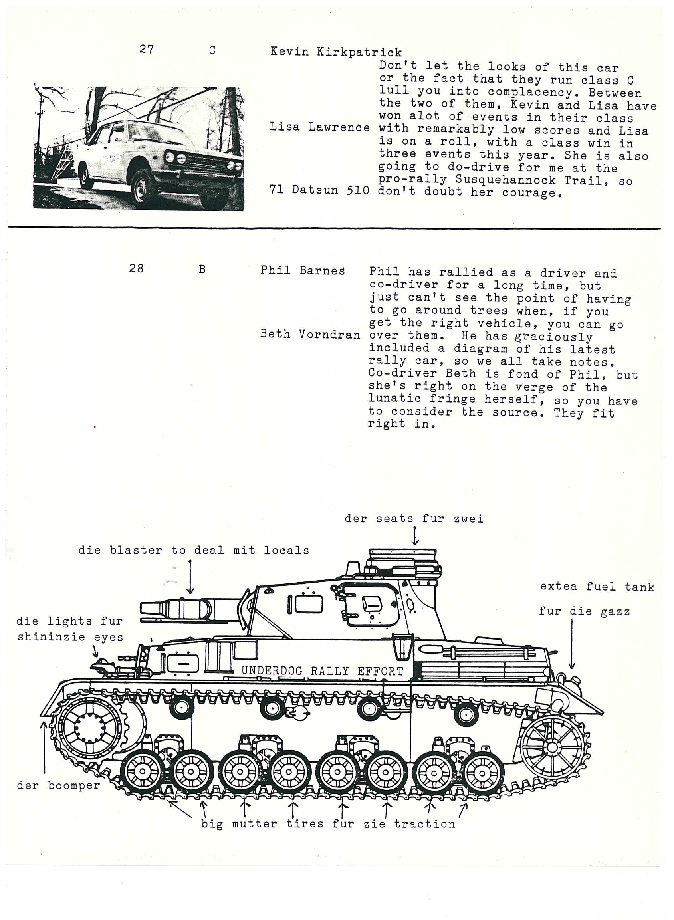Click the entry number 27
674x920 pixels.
click(147, 50)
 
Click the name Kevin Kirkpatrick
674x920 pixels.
click(336, 52)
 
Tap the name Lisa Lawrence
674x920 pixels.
click(319, 127)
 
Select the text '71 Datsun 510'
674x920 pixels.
click(319, 190)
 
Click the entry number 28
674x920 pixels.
click(136, 268)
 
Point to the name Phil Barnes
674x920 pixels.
click(303, 270)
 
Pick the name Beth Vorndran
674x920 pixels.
click(310, 335)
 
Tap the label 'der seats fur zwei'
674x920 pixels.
click(414, 519)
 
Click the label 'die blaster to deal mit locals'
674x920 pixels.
click(194, 550)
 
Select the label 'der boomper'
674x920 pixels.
click(58, 785)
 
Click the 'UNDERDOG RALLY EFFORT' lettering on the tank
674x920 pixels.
click(322, 671)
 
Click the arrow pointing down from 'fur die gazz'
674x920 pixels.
click(572, 644)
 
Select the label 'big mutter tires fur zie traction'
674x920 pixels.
click(328, 824)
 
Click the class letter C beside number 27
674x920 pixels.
click(212, 51)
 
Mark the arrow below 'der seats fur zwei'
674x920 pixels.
click(415, 536)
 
